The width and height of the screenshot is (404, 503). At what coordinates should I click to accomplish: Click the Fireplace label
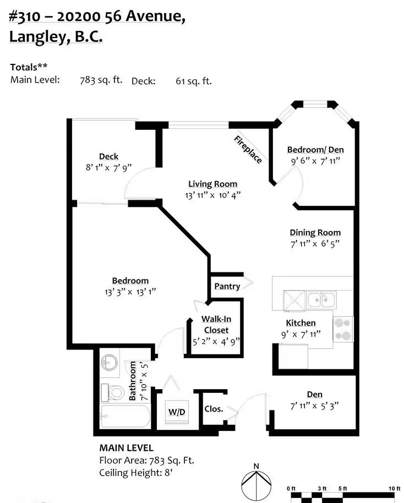(x=248, y=150)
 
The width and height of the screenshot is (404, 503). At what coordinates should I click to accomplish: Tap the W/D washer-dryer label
(x=177, y=412)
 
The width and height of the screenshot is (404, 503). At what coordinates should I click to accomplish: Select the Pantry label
(x=227, y=286)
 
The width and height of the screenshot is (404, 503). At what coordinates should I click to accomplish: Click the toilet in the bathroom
(x=113, y=392)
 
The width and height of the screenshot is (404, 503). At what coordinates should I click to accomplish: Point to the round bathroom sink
(x=109, y=363)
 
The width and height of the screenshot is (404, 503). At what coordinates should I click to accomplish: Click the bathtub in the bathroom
(x=125, y=416)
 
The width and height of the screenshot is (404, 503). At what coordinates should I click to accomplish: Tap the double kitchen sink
(x=321, y=300)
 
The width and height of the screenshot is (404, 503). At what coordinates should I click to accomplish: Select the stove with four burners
(x=343, y=329)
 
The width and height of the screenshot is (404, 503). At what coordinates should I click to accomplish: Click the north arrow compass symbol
(x=256, y=482)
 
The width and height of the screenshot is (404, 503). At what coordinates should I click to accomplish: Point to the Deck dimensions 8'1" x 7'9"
(x=108, y=167)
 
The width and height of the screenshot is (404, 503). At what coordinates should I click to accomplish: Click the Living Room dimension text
(x=212, y=195)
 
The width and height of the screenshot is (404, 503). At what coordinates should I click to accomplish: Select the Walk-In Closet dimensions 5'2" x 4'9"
(x=216, y=342)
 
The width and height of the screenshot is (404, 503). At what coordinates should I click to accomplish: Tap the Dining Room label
(x=315, y=233)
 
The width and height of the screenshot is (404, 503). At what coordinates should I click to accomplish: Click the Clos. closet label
(x=214, y=409)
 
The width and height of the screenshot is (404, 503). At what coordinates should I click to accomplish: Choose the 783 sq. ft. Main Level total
(x=101, y=80)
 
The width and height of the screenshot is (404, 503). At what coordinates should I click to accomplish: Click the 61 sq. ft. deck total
(x=194, y=81)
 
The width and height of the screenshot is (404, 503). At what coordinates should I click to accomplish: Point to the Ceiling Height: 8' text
(x=136, y=473)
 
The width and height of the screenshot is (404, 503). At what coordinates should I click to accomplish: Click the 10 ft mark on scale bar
(x=395, y=489)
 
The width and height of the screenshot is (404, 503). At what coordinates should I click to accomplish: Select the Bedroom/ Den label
(x=315, y=150)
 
